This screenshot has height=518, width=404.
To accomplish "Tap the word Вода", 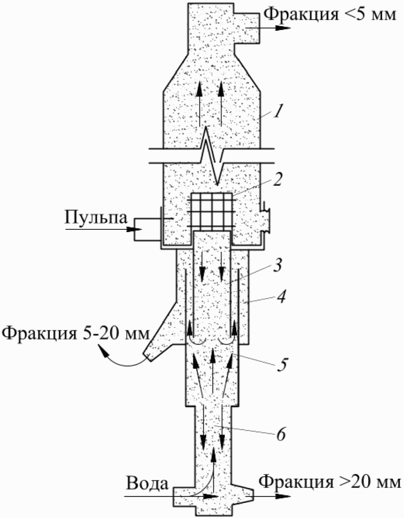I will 145,482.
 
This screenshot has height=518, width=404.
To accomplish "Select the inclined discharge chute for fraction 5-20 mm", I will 159,336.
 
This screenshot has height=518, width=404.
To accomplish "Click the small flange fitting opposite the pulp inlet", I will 267,219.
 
